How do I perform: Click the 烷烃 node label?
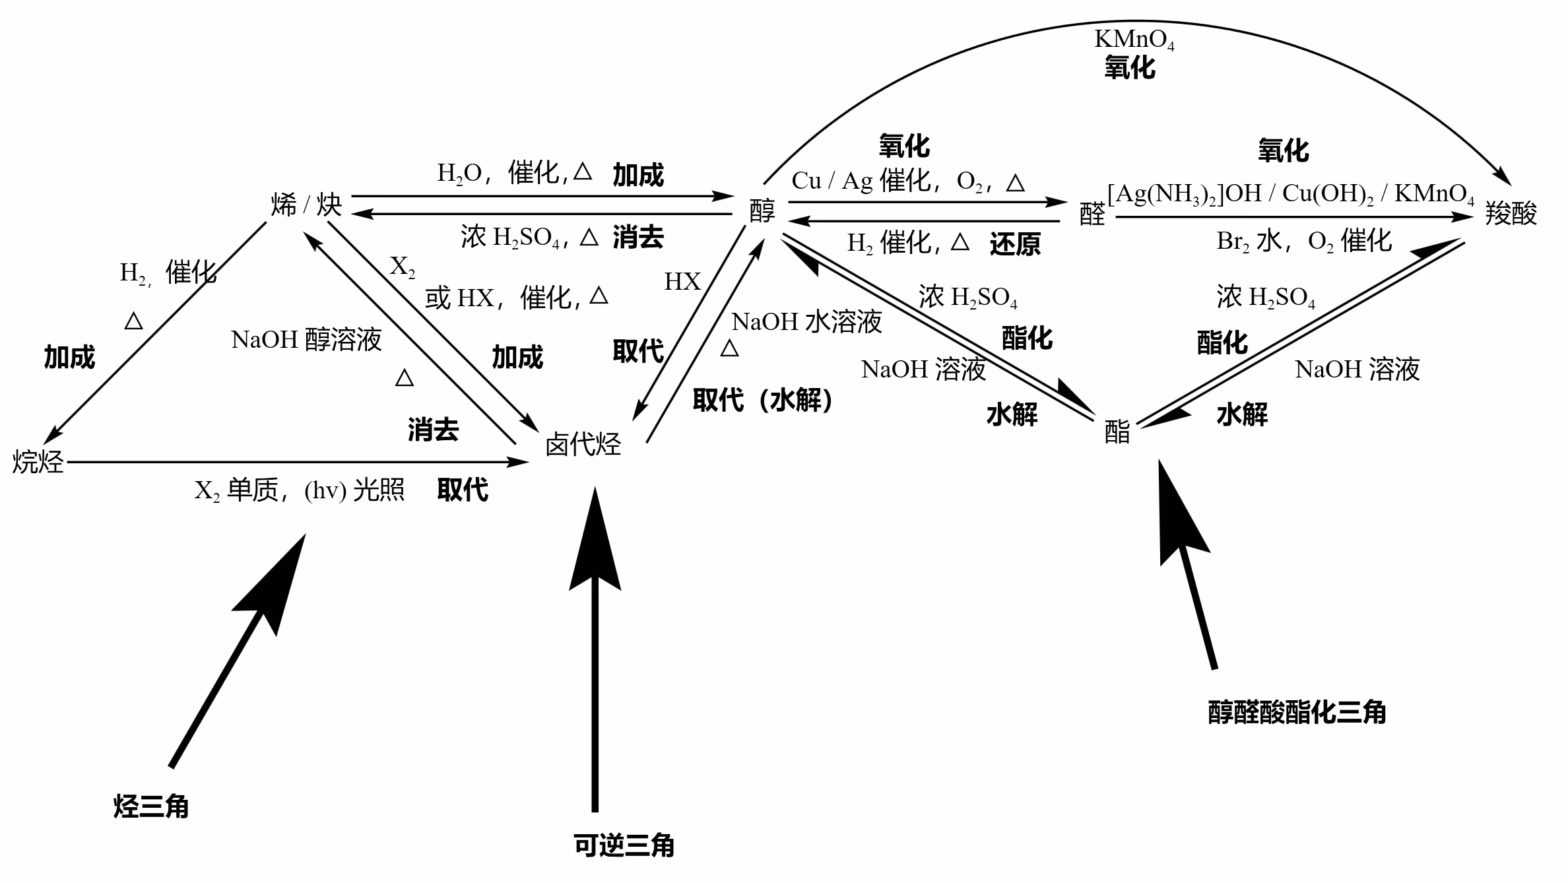(x=38, y=461)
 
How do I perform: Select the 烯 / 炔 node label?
(x=306, y=205)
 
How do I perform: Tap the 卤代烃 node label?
(x=583, y=445)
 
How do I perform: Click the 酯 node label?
(x=1117, y=433)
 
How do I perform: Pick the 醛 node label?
(x=1092, y=214)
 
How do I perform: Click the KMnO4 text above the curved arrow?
(x=1134, y=40)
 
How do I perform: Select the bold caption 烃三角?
(x=151, y=806)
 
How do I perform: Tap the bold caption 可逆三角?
(x=624, y=845)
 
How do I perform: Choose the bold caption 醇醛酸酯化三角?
(x=1297, y=713)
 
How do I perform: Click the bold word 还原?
(x=1015, y=244)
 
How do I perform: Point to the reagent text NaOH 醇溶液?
(x=306, y=340)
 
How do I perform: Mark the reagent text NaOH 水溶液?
(x=806, y=322)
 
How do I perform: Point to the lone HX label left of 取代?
(x=682, y=282)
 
